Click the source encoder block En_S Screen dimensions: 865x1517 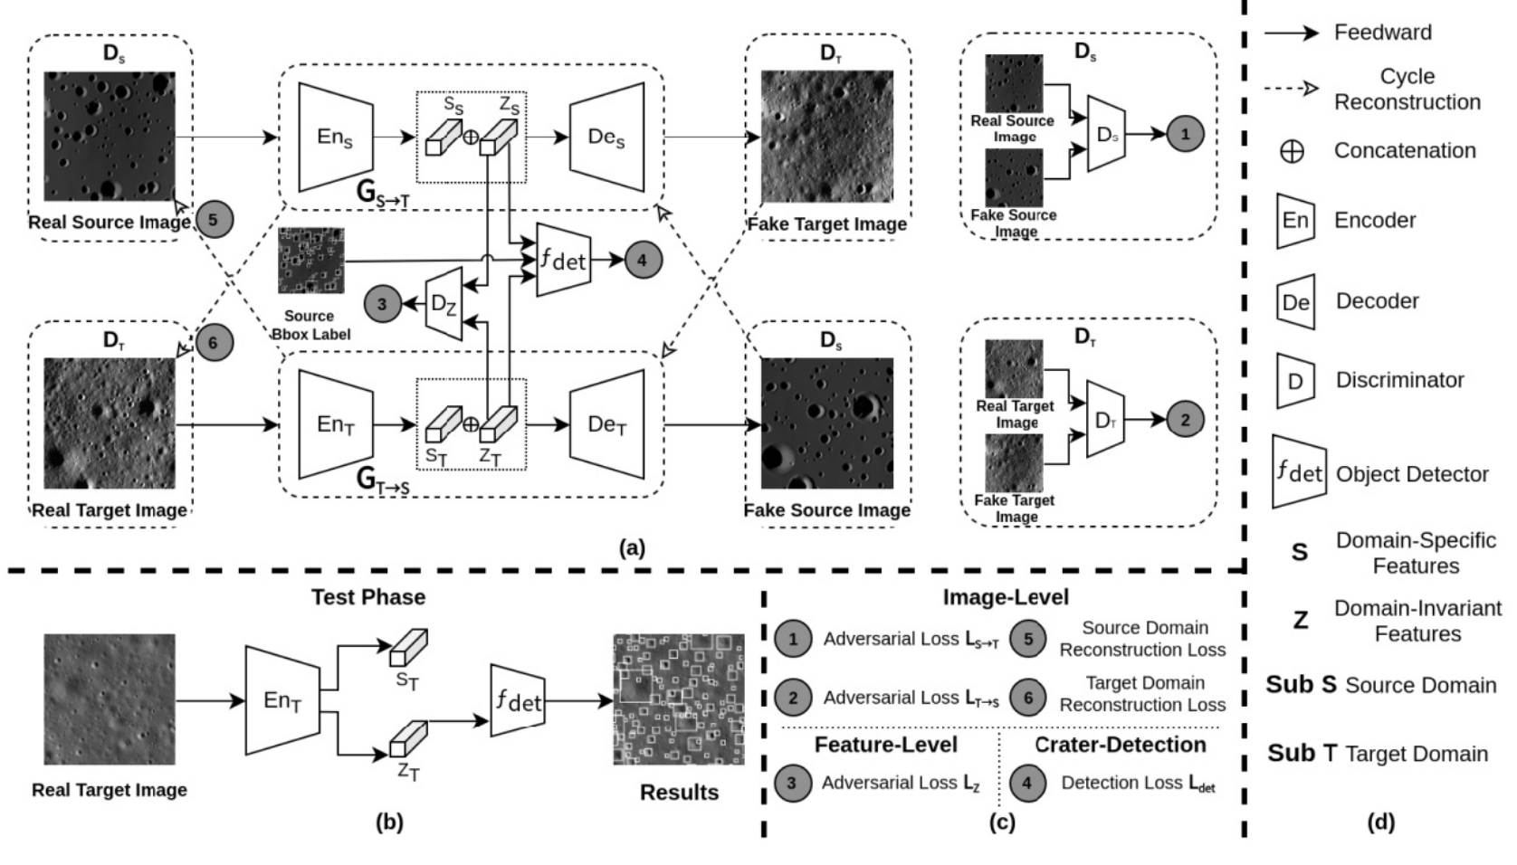(x=335, y=138)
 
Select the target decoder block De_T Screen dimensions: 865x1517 (x=606, y=424)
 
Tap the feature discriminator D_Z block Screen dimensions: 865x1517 (x=444, y=304)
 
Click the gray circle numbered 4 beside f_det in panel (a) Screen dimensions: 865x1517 (x=642, y=261)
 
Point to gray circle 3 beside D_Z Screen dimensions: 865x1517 (x=382, y=304)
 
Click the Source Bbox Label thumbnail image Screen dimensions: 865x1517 (x=311, y=261)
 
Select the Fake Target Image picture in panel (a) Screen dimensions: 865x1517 (x=826, y=137)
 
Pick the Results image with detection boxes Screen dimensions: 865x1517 (x=679, y=699)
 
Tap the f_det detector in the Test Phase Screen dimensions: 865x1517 (x=518, y=699)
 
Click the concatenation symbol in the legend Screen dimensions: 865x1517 (x=1293, y=151)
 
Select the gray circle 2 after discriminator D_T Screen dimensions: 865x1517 (x=1185, y=419)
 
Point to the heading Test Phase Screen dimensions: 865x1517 (x=368, y=597)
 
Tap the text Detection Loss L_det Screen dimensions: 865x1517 (x=1138, y=784)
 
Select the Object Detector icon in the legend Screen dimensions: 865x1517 (x=1299, y=471)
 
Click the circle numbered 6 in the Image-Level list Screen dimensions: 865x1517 (x=1027, y=698)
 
